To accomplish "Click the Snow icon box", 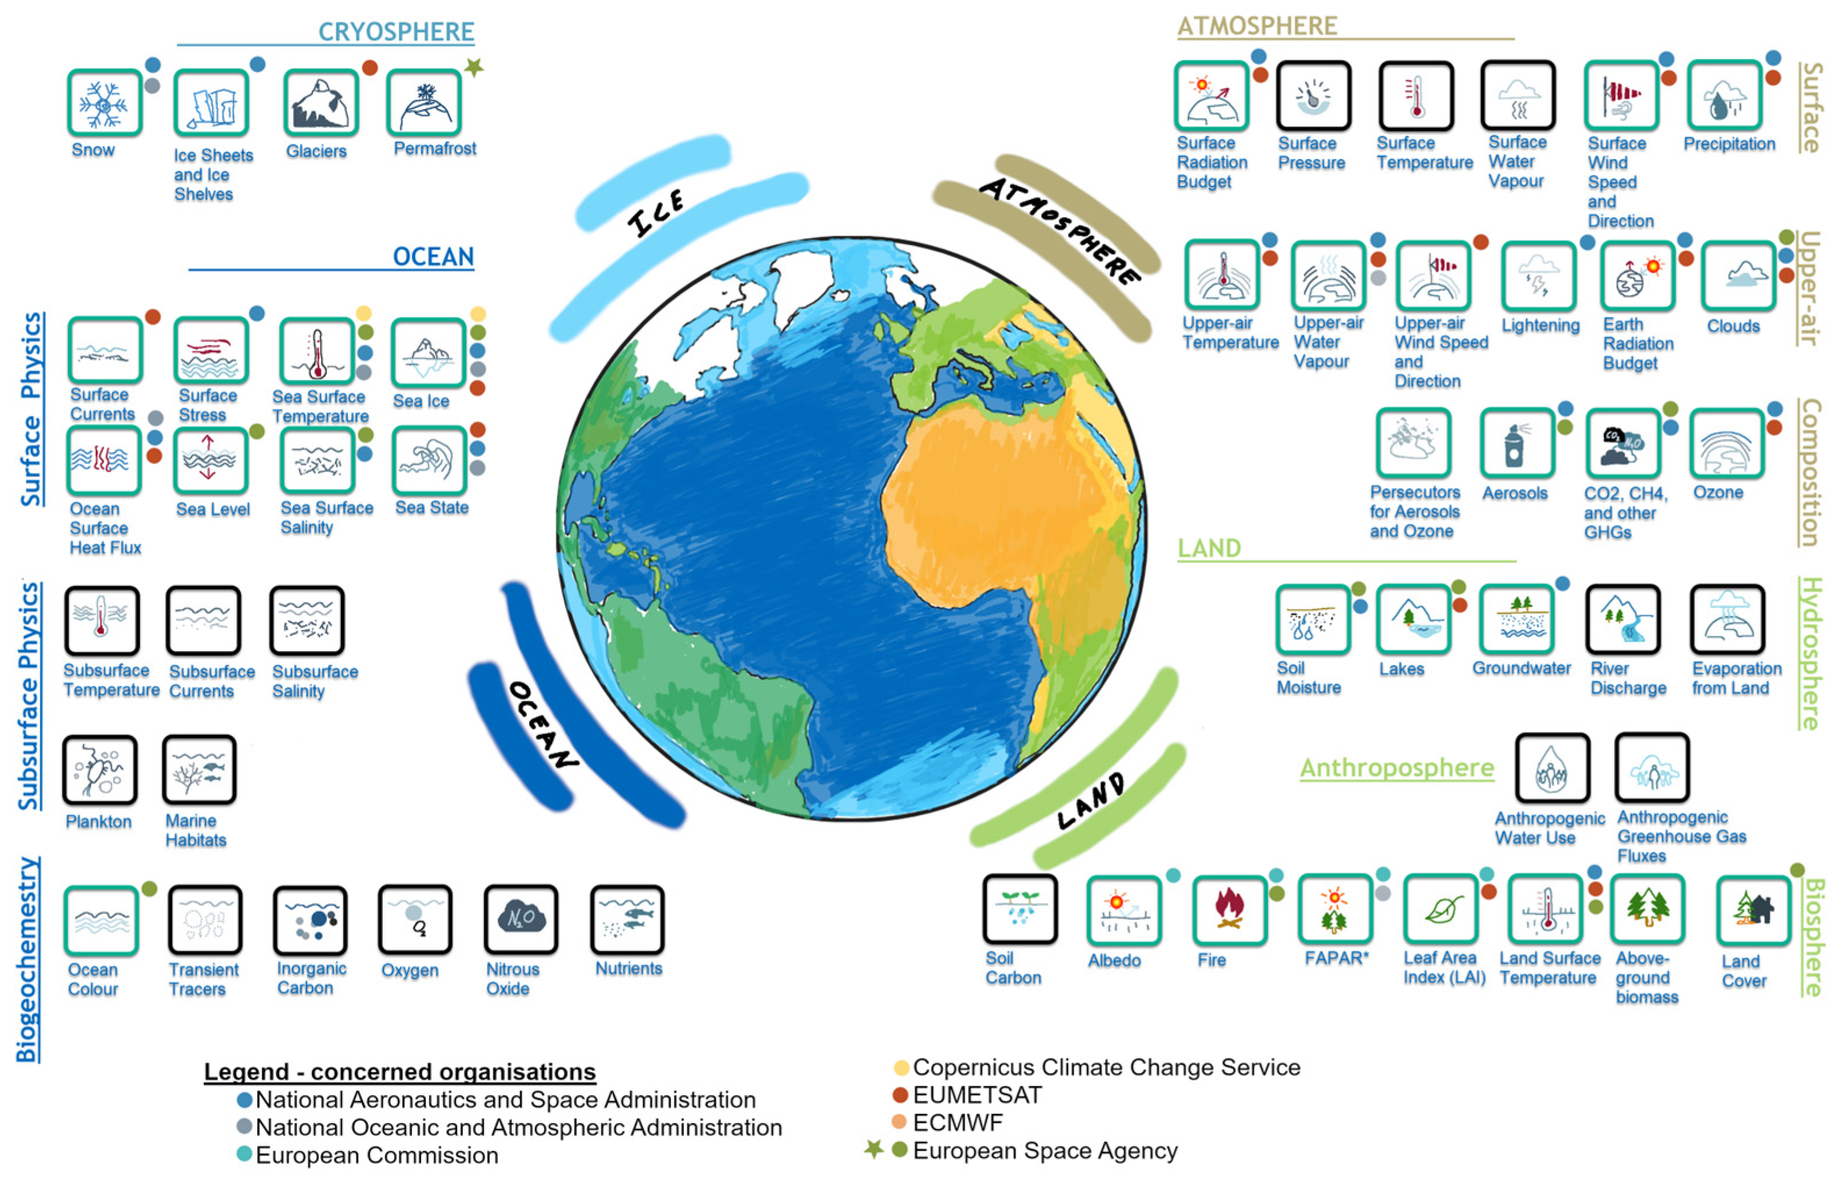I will [105, 103].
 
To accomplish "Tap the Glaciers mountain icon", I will [320, 103].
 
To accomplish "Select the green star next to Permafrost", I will [474, 67].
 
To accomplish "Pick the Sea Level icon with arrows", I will [210, 459].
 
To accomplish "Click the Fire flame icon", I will [1229, 909].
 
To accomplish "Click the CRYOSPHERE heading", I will [396, 31].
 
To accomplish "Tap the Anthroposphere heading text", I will [1396, 767].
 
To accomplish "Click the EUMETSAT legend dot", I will [900, 1095].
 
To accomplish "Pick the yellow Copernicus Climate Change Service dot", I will [901, 1067].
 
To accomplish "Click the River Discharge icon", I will [1623, 619].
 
